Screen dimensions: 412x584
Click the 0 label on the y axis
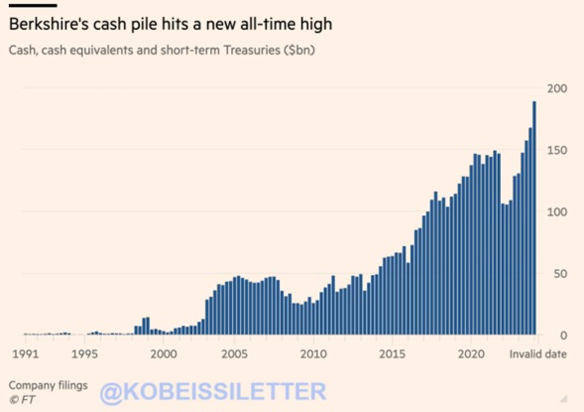point(563,335)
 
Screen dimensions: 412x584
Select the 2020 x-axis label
point(471,354)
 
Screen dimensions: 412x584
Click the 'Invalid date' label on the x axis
point(538,354)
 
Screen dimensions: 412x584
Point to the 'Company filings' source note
point(48,385)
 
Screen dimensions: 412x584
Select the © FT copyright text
point(22,400)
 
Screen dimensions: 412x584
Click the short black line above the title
point(33,5)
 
